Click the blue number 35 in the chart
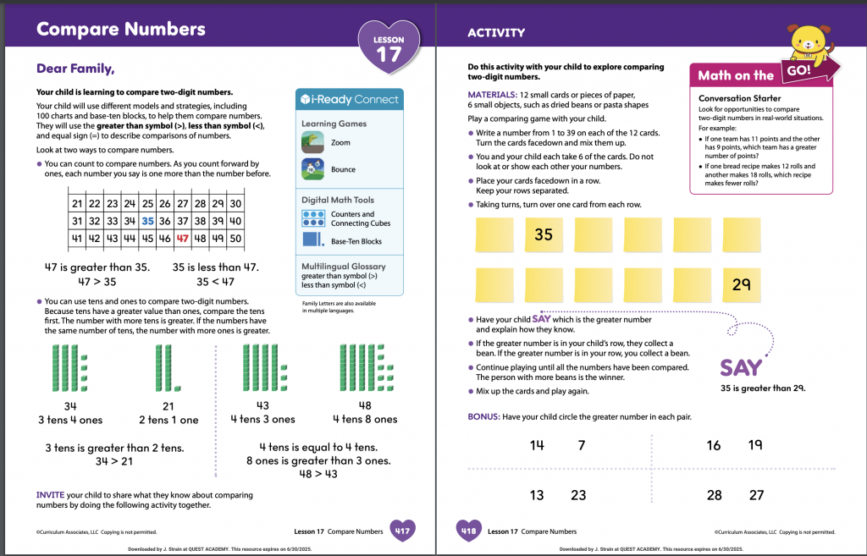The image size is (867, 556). (x=148, y=221)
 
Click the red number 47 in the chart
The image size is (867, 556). (x=183, y=238)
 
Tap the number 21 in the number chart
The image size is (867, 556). (x=77, y=204)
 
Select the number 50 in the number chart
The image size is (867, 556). (x=235, y=238)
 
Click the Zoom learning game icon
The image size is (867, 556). (x=312, y=143)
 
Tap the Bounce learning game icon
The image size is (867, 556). (x=312, y=169)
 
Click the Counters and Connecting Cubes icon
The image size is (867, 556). (x=312, y=218)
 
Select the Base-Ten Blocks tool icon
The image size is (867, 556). (x=312, y=241)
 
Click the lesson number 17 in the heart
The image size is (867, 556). (x=389, y=55)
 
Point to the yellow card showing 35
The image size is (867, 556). (x=543, y=234)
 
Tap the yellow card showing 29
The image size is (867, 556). (x=741, y=285)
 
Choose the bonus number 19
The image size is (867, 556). (x=755, y=445)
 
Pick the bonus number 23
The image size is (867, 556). (x=578, y=495)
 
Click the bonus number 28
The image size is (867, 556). (x=715, y=495)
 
